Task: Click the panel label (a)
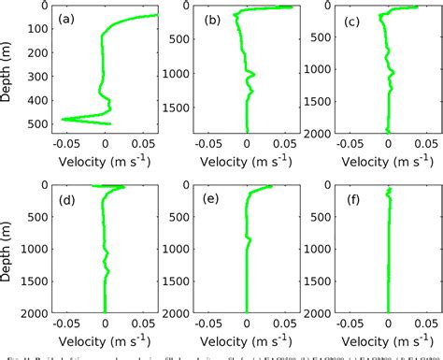click(x=68, y=20)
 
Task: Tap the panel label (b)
click(x=211, y=20)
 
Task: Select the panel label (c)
click(x=353, y=20)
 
